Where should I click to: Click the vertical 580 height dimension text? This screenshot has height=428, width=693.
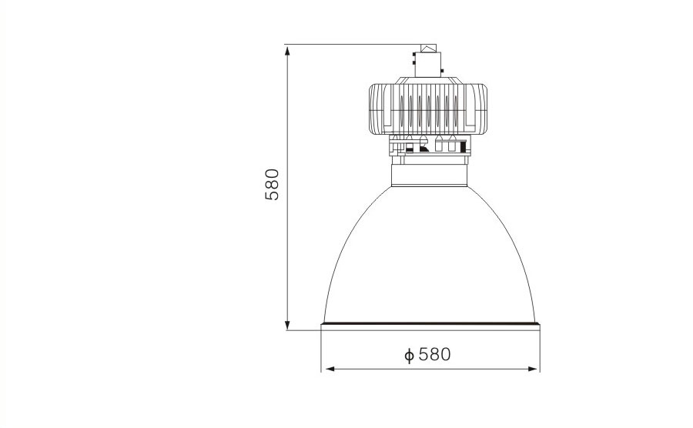(273, 184)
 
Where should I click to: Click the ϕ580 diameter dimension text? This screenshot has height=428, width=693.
(428, 355)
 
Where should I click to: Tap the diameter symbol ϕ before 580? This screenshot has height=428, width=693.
(410, 355)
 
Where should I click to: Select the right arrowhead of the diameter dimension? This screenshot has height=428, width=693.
(534, 369)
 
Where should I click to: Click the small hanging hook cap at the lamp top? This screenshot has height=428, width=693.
(428, 48)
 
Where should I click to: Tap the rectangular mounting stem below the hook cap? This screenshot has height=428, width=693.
(428, 65)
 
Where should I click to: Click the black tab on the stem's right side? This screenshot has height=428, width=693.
(442, 70)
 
